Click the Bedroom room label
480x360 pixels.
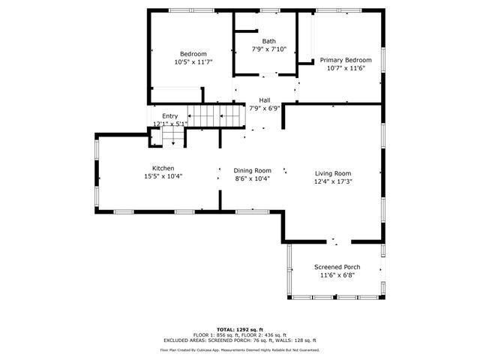point(193,54)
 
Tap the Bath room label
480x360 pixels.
point(268,41)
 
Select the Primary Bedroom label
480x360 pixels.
point(346,60)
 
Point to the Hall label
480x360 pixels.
point(264,100)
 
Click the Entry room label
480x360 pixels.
point(170,115)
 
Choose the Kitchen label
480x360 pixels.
point(163,168)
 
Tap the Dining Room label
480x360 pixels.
point(252,170)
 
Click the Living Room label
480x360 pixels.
point(332,172)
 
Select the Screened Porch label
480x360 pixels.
point(337,267)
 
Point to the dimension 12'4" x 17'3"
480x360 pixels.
point(332,181)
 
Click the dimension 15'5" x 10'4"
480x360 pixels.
point(163,176)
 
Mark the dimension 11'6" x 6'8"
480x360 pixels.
point(337,275)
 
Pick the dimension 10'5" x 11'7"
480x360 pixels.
point(193,62)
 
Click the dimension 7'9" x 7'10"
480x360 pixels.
point(268,49)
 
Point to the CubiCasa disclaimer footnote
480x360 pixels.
point(240,349)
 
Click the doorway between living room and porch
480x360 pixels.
point(335,242)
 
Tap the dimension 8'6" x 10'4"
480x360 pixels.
point(252,178)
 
